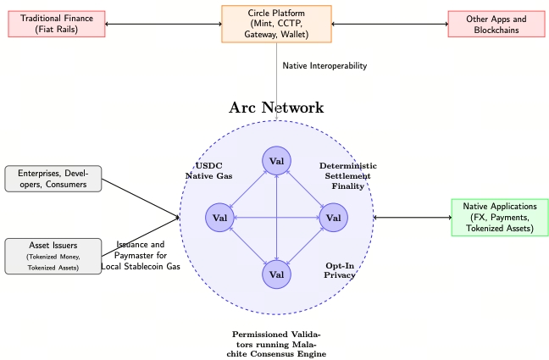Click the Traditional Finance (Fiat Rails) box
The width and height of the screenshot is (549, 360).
point(57,24)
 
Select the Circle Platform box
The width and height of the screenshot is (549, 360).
point(276,24)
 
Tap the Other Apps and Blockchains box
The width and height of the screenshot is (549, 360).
point(496,24)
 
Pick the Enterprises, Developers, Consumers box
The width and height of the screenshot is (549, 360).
point(53,179)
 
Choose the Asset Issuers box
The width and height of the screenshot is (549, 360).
point(53,256)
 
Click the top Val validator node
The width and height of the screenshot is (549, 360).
point(276,161)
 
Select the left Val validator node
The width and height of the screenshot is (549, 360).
point(220,218)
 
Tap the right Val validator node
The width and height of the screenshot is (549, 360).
point(332,218)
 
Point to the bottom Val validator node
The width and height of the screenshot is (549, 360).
point(276,274)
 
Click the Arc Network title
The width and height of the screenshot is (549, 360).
point(276,108)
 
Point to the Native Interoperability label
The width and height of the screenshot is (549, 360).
point(324,65)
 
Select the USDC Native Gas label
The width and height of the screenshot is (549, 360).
point(208,170)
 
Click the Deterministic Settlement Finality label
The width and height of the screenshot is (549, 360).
point(347,175)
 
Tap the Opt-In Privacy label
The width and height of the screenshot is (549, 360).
point(339,269)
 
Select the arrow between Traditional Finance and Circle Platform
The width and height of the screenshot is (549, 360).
point(164,24)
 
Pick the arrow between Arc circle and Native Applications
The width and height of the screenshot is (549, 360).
point(413,218)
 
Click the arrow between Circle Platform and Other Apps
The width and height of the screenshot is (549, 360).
point(389,24)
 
